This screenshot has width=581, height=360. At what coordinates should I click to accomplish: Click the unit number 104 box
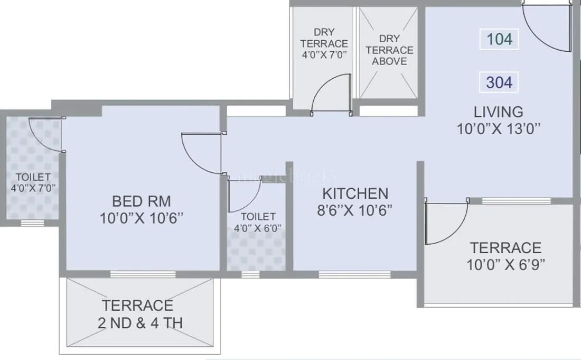click(x=499, y=39)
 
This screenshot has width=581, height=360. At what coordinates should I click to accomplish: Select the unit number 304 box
click(x=499, y=82)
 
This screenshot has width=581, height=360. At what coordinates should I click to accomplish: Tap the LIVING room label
click(x=498, y=112)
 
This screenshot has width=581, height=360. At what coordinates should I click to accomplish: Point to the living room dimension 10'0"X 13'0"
click(x=498, y=128)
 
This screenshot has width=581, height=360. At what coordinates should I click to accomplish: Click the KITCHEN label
click(x=355, y=193)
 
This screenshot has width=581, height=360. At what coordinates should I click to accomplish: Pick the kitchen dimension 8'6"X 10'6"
click(x=355, y=210)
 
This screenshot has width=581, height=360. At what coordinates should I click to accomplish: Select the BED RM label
click(x=142, y=201)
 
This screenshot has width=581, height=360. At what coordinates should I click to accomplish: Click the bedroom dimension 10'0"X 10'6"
click(x=142, y=218)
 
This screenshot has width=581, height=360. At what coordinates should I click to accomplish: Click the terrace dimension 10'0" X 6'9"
click(x=505, y=264)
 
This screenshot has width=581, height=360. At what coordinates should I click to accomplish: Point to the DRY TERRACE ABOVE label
click(x=389, y=50)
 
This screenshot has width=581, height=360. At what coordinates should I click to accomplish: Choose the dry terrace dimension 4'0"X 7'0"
click(x=324, y=54)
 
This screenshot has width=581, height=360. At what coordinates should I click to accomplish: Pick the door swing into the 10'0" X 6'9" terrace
click(x=447, y=221)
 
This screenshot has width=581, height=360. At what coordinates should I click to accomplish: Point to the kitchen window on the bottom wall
click(x=355, y=274)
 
